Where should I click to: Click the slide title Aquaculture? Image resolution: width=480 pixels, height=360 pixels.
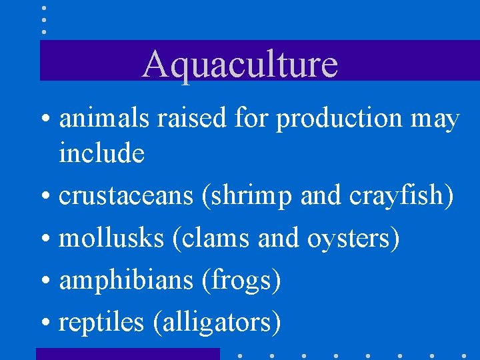click(240, 65)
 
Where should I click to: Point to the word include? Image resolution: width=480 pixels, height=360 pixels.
click(101, 153)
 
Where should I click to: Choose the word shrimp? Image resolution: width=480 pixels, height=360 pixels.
click(247, 197)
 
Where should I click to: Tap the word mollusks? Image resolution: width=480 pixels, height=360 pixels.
click(111, 239)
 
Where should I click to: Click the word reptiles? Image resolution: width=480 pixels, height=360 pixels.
click(101, 323)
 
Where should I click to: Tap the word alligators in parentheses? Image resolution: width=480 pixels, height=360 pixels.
click(217, 323)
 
